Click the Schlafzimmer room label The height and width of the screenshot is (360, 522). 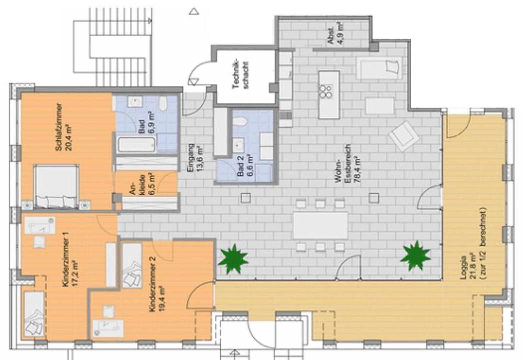[58, 127]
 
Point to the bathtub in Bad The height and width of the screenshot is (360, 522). [137, 144]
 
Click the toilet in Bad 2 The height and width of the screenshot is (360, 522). [240, 121]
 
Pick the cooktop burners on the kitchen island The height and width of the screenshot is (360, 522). [326, 92]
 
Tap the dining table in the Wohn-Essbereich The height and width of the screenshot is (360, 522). [320, 225]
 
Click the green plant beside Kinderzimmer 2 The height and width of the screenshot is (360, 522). [233, 259]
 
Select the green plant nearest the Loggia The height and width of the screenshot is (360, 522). [415, 256]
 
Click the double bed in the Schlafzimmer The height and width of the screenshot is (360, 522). [56, 186]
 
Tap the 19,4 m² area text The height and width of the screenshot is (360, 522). [162, 299]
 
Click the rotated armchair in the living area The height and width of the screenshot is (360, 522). [404, 136]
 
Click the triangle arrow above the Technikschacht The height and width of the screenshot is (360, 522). [194, 11]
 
